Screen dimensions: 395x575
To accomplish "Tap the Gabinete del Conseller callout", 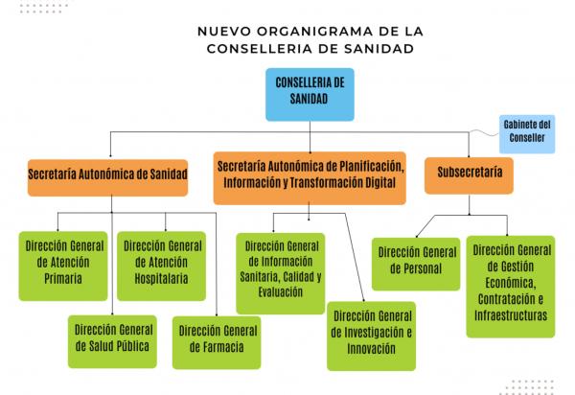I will pyautogui.click(x=526, y=130).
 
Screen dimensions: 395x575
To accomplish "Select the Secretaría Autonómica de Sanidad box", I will pyautogui.click(x=107, y=174).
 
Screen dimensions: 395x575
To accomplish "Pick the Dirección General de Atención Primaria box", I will pyautogui.click(x=60, y=262).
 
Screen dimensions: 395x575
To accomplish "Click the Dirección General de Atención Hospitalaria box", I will pyautogui.click(x=162, y=262).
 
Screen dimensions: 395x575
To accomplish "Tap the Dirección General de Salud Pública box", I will pyautogui.click(x=111, y=338).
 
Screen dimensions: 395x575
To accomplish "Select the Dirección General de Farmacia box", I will pyautogui.click(x=218, y=339).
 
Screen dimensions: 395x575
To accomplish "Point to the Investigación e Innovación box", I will pyautogui.click(x=372, y=333).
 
